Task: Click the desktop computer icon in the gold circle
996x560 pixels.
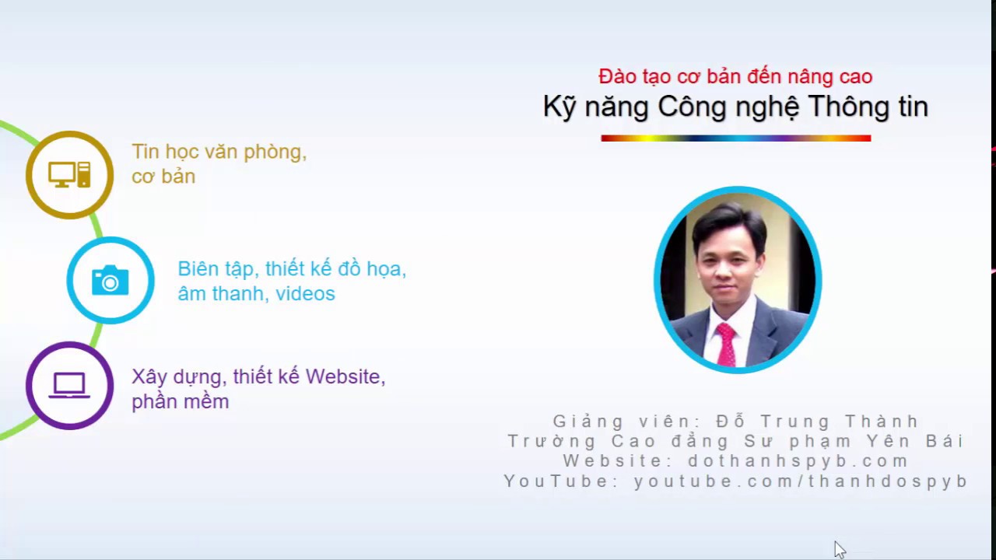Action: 69,175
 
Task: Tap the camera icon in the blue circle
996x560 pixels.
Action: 110,280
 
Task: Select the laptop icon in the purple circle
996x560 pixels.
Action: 69,385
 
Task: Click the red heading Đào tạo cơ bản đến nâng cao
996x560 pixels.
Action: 735,76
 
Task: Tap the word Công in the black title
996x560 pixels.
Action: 692,107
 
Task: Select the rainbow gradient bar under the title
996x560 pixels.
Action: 736,138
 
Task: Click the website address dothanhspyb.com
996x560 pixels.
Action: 798,461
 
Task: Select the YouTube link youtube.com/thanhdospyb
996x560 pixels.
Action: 801,481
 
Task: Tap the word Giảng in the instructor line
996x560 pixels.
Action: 587,422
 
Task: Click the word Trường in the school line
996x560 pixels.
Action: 552,441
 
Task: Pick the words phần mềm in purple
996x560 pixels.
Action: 180,402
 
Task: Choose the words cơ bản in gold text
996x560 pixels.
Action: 163,177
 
